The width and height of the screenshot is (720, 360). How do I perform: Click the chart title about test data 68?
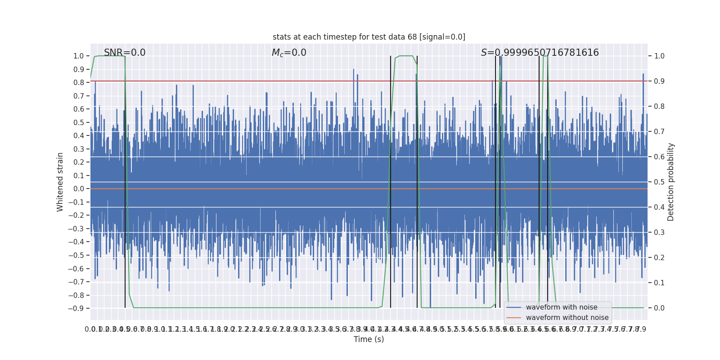(x=369, y=37)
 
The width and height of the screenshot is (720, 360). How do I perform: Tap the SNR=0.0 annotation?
(x=125, y=53)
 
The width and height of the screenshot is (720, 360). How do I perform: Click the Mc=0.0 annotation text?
(x=289, y=53)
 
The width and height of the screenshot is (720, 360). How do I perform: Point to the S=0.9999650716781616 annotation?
(x=540, y=53)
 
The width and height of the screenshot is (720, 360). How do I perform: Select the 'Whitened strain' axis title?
(x=60, y=182)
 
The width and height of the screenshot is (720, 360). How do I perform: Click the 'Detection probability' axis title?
(x=671, y=182)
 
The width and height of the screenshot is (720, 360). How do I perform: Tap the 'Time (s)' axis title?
(x=369, y=339)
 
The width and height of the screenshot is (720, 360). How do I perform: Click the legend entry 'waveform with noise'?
(x=561, y=307)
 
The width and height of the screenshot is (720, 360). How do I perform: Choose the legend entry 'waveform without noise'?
(x=567, y=318)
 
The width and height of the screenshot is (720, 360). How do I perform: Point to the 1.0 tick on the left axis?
(x=78, y=56)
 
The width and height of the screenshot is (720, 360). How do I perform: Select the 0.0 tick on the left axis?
(x=78, y=189)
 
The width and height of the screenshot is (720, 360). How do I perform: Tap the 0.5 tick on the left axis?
(x=78, y=122)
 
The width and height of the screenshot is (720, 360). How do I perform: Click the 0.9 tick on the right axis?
(x=659, y=81)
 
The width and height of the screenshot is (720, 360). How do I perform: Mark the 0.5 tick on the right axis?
(x=659, y=182)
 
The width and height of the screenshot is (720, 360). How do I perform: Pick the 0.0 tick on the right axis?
(x=659, y=308)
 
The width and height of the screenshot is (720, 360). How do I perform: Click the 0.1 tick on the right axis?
(x=659, y=283)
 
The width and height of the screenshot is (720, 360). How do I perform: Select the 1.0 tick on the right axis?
(x=659, y=56)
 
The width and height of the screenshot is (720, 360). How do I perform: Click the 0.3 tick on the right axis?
(x=659, y=233)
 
